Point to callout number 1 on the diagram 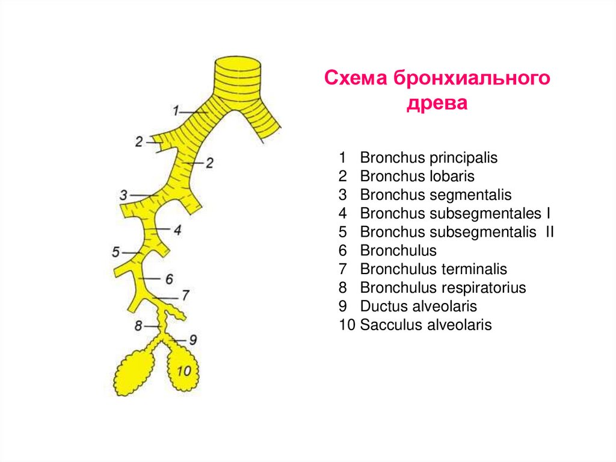point(176,111)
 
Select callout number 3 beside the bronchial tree point(123,195)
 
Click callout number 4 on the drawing point(177,230)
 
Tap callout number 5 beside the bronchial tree point(116,252)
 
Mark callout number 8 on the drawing point(138,326)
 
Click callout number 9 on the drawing point(192,340)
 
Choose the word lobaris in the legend point(452,176)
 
